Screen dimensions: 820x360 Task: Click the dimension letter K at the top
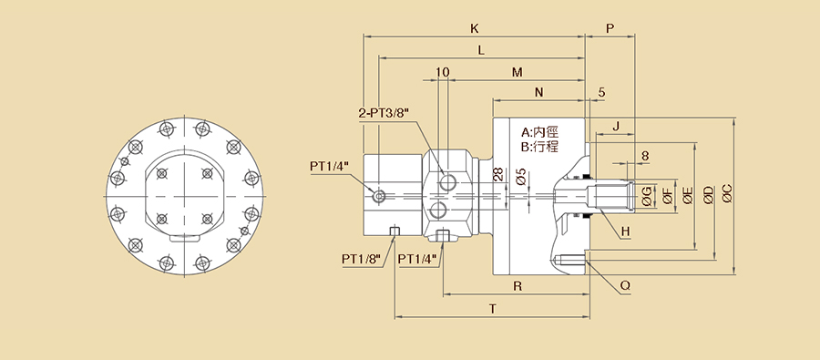pyautogui.click(x=475, y=29)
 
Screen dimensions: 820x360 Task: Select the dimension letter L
pyautogui.click(x=481, y=50)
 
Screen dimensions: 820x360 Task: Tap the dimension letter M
pyautogui.click(x=517, y=73)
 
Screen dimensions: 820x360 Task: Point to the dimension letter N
pyautogui.click(x=539, y=93)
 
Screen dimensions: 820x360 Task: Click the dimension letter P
pyautogui.click(x=610, y=29)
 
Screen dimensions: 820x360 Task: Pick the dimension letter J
pyautogui.click(x=616, y=126)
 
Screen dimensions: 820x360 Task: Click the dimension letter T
pyautogui.click(x=493, y=309)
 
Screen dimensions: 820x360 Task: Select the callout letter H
pyautogui.click(x=625, y=231)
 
